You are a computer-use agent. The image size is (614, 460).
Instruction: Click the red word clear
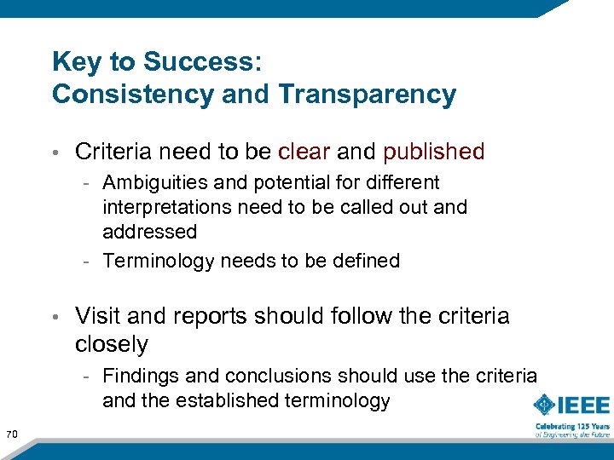coord(304,152)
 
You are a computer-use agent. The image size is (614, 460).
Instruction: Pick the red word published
coord(434,152)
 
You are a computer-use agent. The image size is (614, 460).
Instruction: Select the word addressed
coord(149,232)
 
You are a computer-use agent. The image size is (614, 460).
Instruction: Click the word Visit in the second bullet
coord(98,316)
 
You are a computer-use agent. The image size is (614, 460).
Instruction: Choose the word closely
coord(112,344)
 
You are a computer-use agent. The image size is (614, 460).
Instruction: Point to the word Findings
coord(139,376)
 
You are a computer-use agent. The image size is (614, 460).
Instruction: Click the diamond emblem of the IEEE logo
coord(546,405)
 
